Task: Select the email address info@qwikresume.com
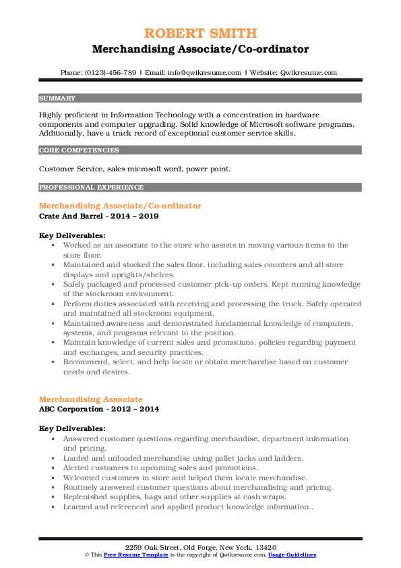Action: [204, 72]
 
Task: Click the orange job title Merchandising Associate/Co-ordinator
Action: [120, 205]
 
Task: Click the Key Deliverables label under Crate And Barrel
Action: [72, 235]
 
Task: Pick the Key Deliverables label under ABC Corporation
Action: [72, 428]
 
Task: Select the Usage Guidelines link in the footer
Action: [292, 555]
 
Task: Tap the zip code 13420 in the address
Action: [265, 546]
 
